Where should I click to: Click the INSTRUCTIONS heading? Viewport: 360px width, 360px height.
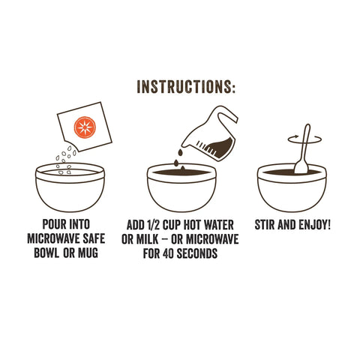[186, 85]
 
